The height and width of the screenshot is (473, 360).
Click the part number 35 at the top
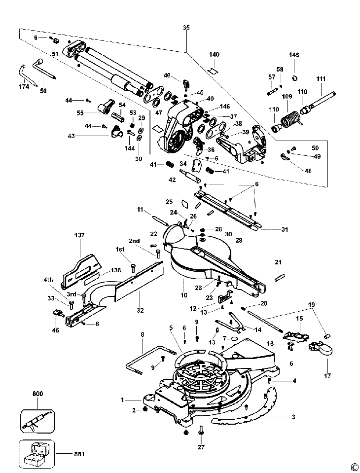186,28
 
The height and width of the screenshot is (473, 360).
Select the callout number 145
294,55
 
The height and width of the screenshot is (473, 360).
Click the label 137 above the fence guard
80,235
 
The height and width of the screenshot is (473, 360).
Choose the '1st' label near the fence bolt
120,249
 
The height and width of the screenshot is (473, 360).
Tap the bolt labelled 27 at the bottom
201,433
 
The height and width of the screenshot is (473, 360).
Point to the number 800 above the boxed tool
37,394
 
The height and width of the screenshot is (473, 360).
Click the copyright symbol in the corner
354,467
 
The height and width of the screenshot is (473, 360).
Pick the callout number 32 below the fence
141,310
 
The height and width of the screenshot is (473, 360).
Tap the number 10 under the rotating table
184,295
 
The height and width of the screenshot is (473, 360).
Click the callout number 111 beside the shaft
321,79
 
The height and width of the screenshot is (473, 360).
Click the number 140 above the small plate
215,54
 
